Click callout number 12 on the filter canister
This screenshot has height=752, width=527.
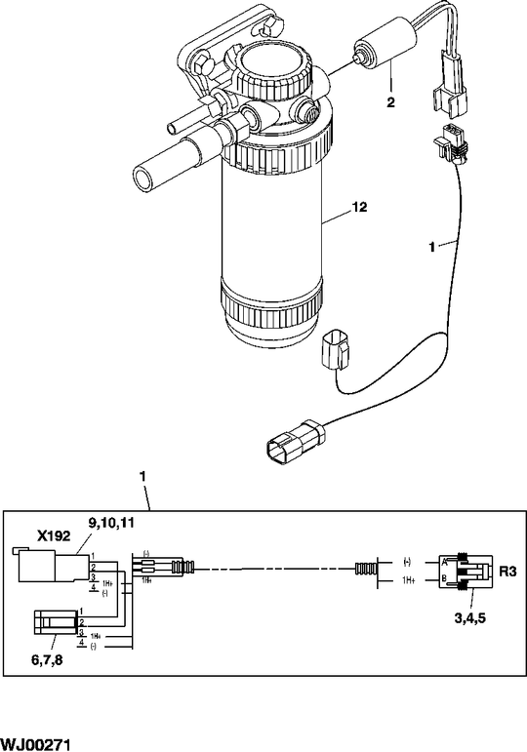[360, 208]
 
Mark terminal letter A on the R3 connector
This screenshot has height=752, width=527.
[444, 562]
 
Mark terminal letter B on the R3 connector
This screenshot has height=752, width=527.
[444, 580]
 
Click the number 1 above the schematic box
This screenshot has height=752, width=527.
[143, 476]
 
